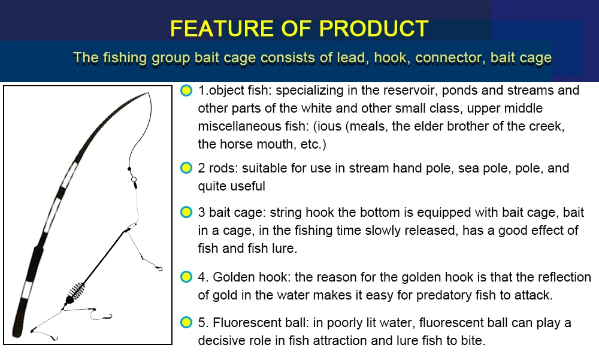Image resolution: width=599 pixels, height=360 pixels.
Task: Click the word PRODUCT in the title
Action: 373,28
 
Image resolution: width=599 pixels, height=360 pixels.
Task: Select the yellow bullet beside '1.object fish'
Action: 186,90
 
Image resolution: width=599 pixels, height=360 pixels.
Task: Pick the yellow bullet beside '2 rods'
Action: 186,168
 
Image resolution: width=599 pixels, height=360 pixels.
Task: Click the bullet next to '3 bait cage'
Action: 186,212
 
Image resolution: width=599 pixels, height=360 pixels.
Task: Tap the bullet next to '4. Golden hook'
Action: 186,277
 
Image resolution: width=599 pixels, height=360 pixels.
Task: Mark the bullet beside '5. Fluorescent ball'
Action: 186,322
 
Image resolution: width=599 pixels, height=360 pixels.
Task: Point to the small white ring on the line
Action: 134,179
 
